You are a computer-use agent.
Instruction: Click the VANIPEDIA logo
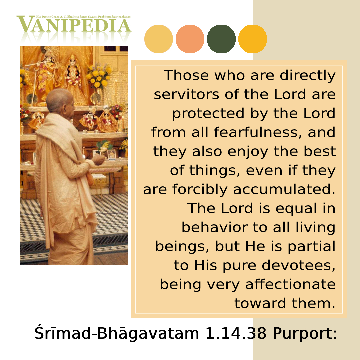click(x=74, y=24)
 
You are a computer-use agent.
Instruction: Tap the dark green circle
click(x=221, y=39)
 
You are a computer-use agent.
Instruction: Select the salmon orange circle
click(x=190, y=39)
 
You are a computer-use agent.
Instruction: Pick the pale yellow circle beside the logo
click(x=158, y=39)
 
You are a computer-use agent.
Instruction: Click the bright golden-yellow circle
click(x=253, y=39)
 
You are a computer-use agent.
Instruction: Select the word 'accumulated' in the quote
click(x=284, y=189)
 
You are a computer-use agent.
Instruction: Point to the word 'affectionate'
click(x=290, y=284)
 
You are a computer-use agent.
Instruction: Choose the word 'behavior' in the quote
click(x=214, y=227)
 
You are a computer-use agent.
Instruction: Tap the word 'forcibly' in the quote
click(x=200, y=190)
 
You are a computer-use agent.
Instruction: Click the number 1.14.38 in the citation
click(x=236, y=333)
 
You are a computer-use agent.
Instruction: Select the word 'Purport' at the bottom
click(x=305, y=334)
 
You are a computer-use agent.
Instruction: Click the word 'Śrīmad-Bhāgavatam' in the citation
click(x=117, y=333)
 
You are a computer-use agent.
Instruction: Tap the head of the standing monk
click(x=60, y=101)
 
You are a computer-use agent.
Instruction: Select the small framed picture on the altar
click(x=112, y=155)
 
